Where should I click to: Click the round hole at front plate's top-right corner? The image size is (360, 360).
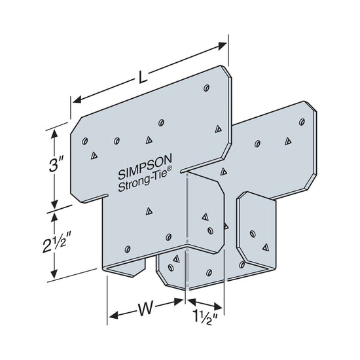(206, 86)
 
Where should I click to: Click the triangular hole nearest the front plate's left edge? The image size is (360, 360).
(94, 155)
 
